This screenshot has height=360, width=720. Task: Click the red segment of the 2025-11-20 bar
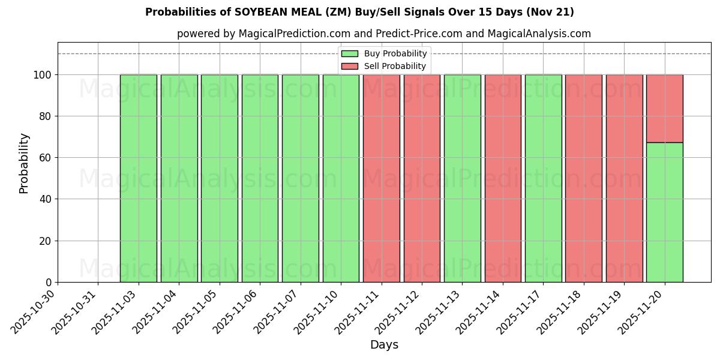[664, 108]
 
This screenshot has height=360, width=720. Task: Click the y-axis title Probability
[24, 163]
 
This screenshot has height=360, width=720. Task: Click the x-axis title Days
[384, 345]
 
